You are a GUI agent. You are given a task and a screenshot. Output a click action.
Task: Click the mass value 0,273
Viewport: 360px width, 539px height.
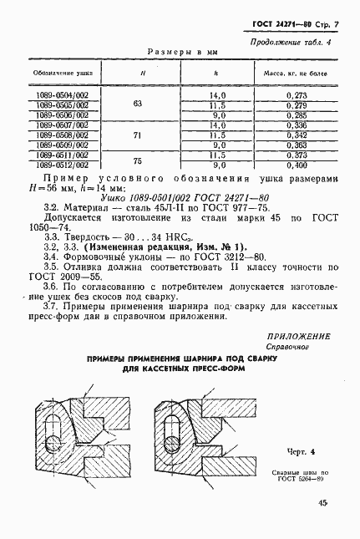(x=296, y=96)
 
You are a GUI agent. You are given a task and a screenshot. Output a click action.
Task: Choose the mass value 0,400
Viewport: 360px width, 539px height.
(x=296, y=164)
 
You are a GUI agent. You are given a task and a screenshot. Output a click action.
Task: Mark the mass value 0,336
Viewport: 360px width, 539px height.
(x=296, y=125)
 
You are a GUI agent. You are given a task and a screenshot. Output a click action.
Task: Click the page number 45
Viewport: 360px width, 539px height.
(x=322, y=503)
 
